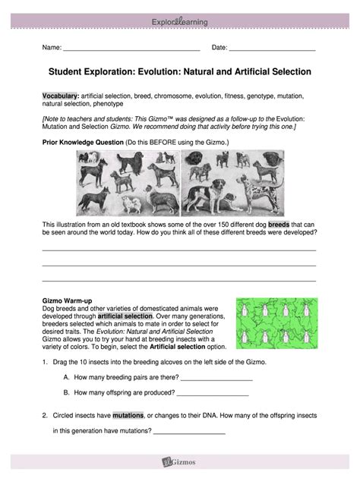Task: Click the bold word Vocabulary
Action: pos(60,98)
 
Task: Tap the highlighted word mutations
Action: pos(128,416)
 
